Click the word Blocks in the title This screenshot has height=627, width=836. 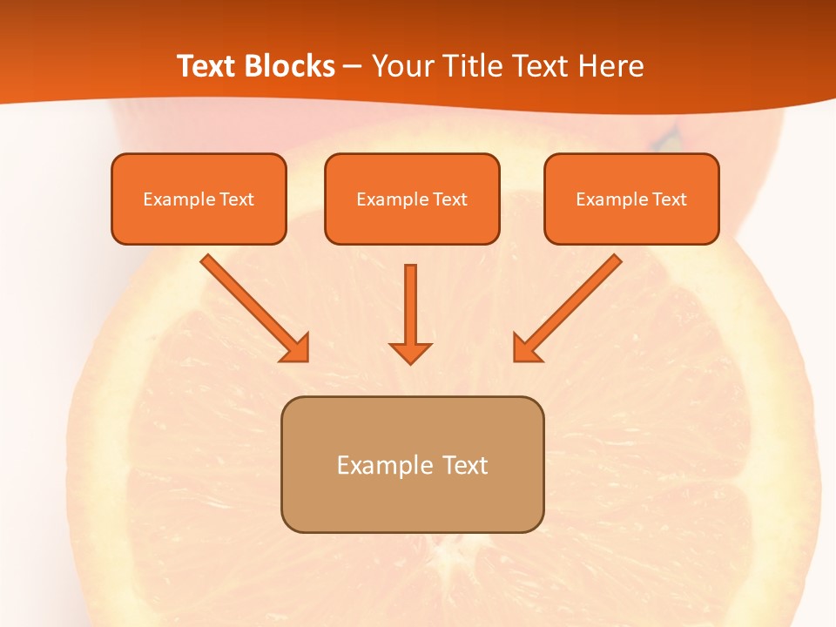coord(289,66)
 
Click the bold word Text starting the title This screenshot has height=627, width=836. coord(206,66)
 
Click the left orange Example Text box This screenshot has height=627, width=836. coord(199,199)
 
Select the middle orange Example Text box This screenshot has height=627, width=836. coord(412,199)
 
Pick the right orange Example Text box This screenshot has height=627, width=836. coord(631,199)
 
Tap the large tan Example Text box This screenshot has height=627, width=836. coord(412,464)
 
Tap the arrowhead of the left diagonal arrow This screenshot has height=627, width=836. coord(296,347)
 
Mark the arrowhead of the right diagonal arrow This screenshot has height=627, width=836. coord(526,347)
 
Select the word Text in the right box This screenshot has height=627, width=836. coord(670,199)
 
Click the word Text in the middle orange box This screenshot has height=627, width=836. coord(450,199)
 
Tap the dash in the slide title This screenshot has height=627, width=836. coord(354,66)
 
